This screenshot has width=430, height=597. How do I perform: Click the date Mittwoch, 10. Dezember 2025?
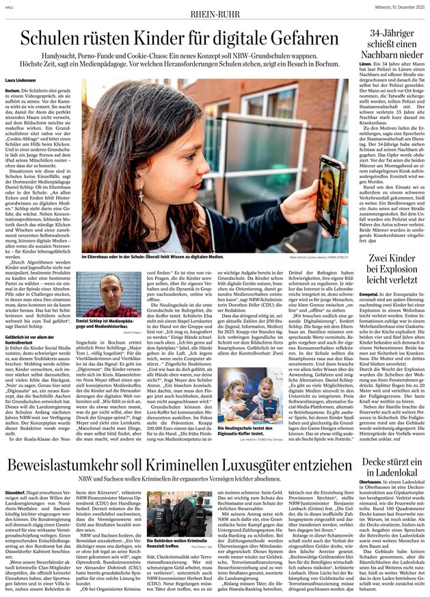point(390,7)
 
